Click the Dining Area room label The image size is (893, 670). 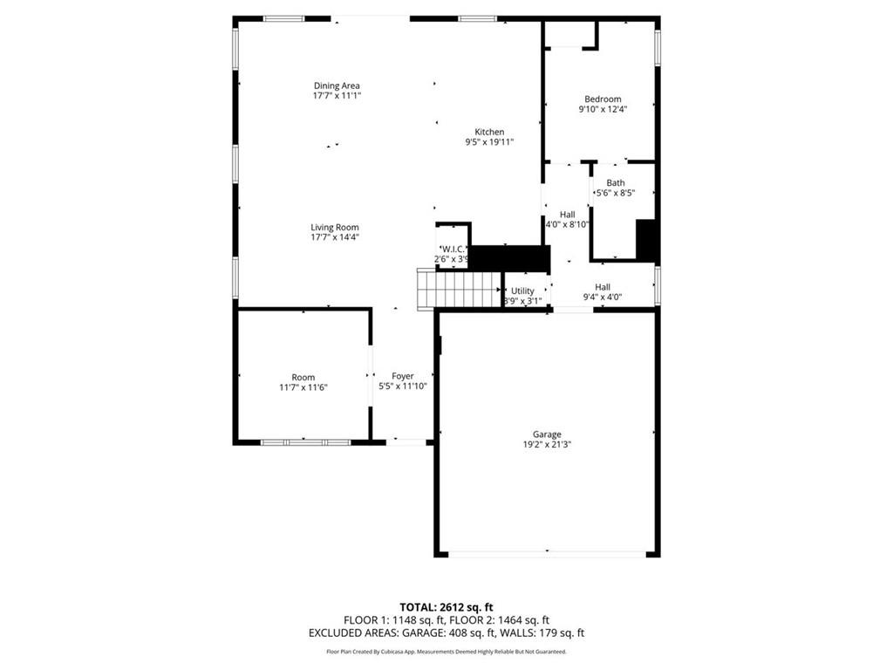337,85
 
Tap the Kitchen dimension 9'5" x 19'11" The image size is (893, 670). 489,141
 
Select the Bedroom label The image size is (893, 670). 603,99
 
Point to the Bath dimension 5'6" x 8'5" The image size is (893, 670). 615,193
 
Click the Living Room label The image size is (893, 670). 335,227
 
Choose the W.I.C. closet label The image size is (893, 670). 453,249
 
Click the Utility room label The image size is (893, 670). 522,291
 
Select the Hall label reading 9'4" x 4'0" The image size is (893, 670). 603,287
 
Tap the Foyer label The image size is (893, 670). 402,376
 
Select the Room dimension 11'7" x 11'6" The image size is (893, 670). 303,386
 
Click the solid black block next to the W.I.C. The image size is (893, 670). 510,258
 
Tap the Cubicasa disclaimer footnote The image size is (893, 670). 446,652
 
